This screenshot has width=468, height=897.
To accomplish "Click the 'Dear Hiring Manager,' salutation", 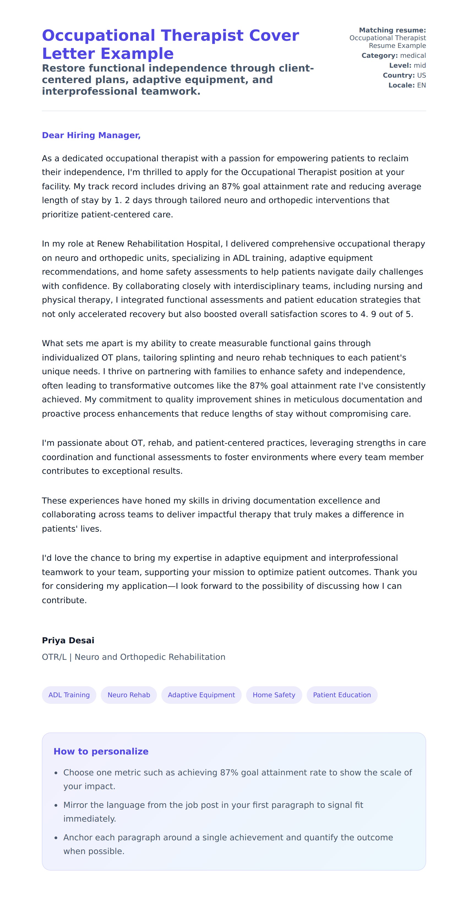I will (x=91, y=135).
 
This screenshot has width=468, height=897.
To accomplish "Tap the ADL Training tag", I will (x=69, y=695).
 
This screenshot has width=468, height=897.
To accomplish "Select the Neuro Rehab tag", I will (x=129, y=695).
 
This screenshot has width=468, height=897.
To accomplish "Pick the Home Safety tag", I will (x=274, y=695).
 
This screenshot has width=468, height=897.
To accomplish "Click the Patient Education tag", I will (x=342, y=695).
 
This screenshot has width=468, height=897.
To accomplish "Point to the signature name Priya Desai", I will (x=68, y=640).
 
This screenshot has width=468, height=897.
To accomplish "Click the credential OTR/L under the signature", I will (x=54, y=657).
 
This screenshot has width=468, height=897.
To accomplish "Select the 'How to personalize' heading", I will (x=101, y=751).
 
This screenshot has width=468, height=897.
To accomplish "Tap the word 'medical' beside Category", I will (x=413, y=55).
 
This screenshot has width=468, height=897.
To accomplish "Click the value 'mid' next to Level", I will (x=420, y=65).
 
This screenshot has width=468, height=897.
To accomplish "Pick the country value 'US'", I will (x=421, y=75).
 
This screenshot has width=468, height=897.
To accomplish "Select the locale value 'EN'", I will (x=421, y=85).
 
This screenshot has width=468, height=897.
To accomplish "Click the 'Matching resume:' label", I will (x=392, y=30).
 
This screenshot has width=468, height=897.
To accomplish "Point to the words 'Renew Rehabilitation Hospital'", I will (x=159, y=244).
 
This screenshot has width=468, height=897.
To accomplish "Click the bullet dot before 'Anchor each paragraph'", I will (x=56, y=838).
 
